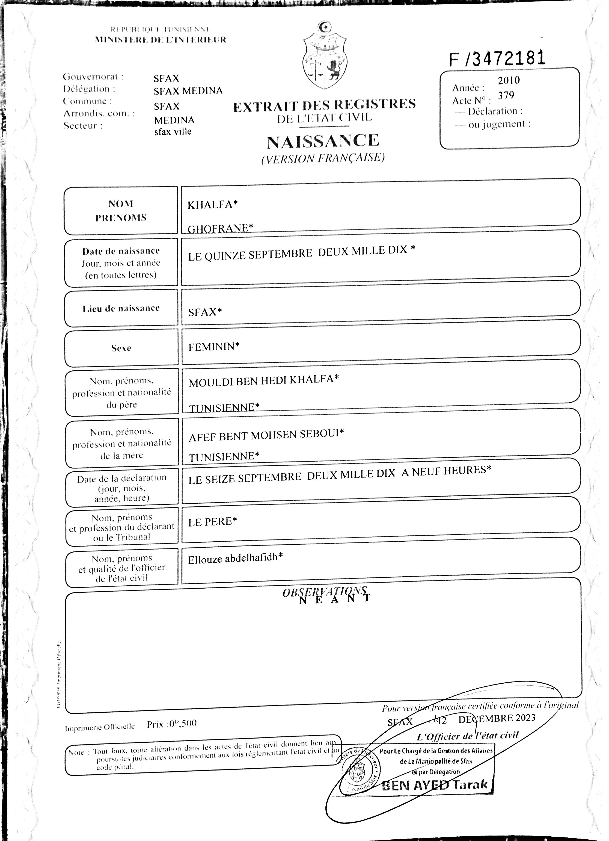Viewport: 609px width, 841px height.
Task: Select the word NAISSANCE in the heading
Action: click(323, 141)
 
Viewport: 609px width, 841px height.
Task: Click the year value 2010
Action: click(509, 81)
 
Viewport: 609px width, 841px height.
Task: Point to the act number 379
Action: click(506, 96)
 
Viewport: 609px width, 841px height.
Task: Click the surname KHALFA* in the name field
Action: click(212, 205)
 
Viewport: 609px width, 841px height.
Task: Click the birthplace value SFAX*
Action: click(205, 312)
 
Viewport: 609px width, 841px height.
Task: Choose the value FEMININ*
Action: click(214, 347)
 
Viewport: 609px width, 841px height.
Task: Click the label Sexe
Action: click(121, 348)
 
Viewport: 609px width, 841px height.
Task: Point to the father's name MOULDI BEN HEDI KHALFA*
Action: click(263, 381)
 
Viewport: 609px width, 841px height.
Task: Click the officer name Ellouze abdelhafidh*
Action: click(235, 559)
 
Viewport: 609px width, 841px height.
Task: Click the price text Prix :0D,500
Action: click(172, 724)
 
